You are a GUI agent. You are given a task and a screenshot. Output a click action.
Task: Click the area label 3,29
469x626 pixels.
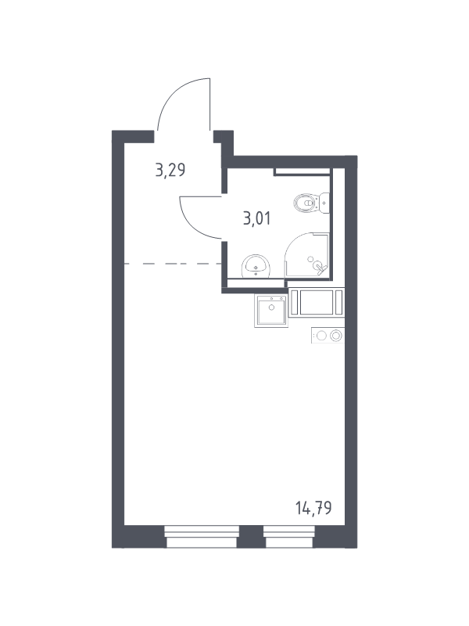tap(170, 171)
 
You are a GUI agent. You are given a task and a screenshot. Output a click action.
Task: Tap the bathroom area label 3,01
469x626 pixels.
tap(257, 218)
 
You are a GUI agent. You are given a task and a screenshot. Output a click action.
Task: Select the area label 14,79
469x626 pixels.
tap(313, 508)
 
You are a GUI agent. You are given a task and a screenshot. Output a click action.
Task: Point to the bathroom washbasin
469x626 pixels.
tap(256, 266)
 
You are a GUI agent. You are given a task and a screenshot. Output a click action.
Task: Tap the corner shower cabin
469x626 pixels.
tap(306, 255)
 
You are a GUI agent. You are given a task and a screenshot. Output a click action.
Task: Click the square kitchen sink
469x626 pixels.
tap(271, 311)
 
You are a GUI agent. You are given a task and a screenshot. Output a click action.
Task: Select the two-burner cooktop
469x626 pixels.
tap(328, 336)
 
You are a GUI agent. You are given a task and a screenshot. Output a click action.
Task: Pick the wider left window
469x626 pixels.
tap(202, 537)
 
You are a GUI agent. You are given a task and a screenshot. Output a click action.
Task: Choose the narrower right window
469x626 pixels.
tap(289, 537)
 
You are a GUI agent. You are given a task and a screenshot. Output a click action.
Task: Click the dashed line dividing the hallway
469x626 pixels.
tap(173, 264)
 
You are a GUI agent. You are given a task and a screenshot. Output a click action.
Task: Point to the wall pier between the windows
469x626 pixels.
tap(251, 537)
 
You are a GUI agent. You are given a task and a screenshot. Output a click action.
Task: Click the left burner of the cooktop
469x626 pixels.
tap(321, 336)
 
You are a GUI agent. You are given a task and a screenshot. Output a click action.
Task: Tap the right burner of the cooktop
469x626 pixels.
tap(337, 336)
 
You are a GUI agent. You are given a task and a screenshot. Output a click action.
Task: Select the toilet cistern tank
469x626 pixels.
tap(324, 203)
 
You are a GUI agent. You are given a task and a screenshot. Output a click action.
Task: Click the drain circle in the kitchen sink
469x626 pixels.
tap(271, 308)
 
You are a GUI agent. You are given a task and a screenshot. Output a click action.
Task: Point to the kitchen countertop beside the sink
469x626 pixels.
tap(317, 303)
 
